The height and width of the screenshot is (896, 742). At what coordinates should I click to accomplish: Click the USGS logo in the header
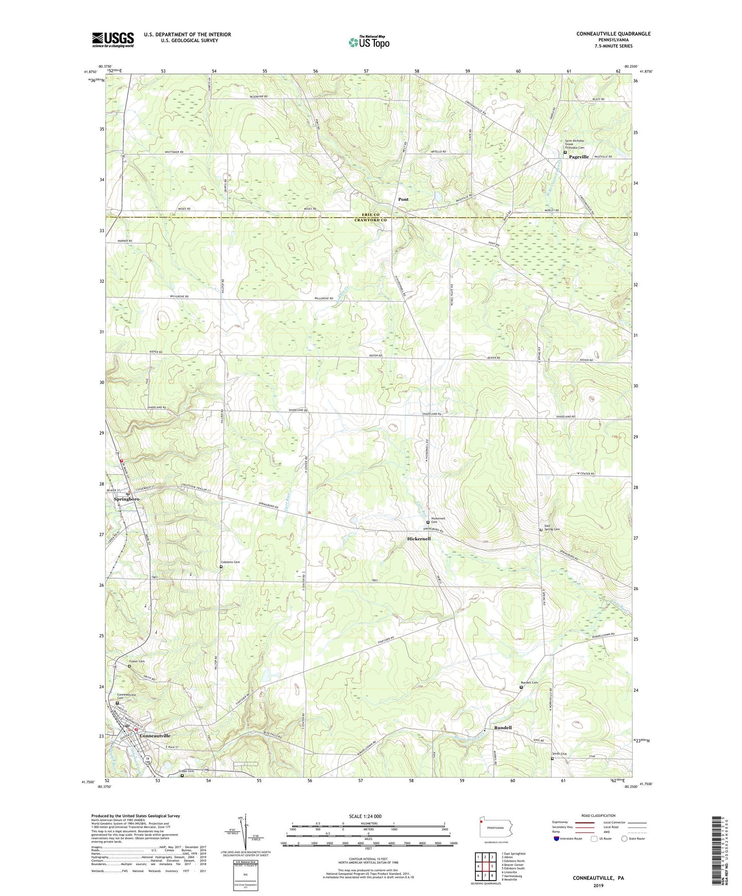coord(112,40)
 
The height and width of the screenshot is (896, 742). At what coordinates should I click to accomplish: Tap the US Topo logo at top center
coord(368,42)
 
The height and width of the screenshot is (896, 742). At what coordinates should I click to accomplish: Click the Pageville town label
coord(579,157)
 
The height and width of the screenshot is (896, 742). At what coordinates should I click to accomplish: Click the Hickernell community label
coord(418,539)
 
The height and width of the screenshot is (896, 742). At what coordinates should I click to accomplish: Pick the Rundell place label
coord(503,728)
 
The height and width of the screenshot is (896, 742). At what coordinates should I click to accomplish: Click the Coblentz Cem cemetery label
coord(230,562)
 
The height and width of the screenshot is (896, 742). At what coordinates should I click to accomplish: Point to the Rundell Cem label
coord(529,683)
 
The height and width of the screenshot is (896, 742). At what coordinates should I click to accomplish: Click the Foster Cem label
coord(137,661)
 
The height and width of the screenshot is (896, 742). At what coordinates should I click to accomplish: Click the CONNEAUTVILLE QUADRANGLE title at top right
coord(613,34)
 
